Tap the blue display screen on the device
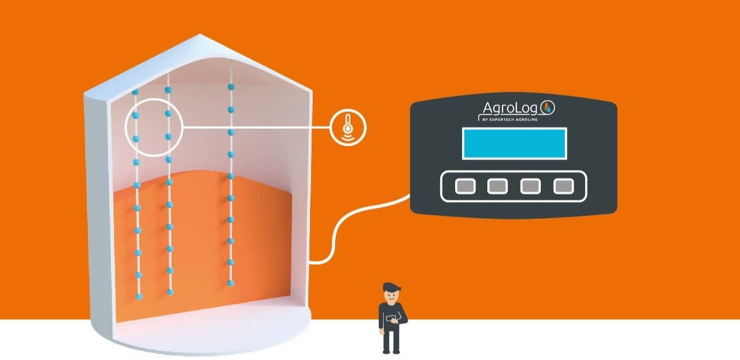pyautogui.click(x=515, y=143)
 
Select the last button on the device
pyautogui.click(x=564, y=187)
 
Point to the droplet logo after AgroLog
pyautogui.click(x=550, y=108)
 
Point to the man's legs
pyautogui.click(x=391, y=341)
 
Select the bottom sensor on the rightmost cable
pyautogui.click(x=231, y=283)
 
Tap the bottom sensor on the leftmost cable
pyautogui.click(x=139, y=296)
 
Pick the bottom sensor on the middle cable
pyautogui.click(x=170, y=292)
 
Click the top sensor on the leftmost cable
pyautogui.click(x=135, y=92)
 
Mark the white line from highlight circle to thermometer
pyautogui.click(x=256, y=128)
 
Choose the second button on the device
pyautogui.click(x=497, y=187)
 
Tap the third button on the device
pyautogui.click(x=530, y=187)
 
